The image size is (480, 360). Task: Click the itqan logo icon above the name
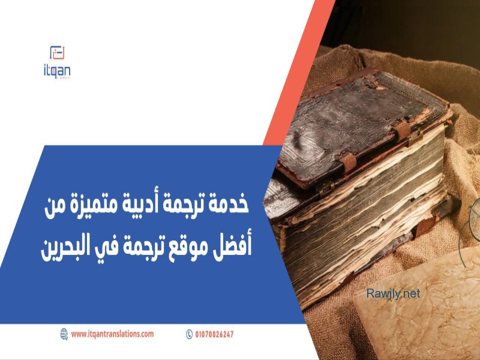click(57, 53)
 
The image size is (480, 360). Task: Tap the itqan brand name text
click(57, 71)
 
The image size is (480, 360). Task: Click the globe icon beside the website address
click(64, 334)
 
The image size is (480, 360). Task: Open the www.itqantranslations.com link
click(112, 334)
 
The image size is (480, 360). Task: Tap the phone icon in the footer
click(189, 334)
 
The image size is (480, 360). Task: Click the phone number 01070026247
click(214, 334)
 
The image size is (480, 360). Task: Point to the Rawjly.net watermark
click(393, 294)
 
